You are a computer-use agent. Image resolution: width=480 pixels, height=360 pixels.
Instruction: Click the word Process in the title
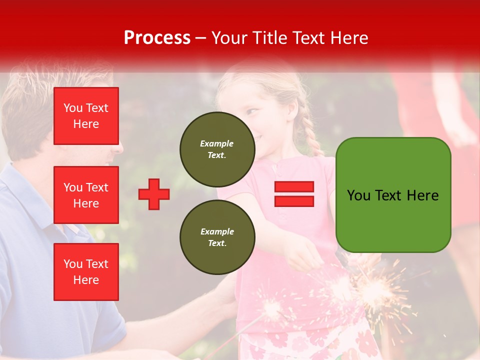click(157, 37)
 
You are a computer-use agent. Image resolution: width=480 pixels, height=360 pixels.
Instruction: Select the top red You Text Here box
click(86, 116)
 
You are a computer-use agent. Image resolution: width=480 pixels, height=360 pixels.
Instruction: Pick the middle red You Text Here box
click(86, 195)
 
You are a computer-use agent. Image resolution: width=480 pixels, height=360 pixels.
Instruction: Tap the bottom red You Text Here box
click(86, 271)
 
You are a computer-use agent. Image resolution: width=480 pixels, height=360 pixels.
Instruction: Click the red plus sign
click(154, 194)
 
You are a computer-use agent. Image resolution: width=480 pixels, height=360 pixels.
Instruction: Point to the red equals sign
click(294, 194)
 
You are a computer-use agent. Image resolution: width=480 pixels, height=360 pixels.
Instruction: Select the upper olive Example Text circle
click(217, 149)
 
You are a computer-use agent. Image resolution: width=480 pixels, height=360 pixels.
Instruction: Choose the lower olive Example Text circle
click(217, 237)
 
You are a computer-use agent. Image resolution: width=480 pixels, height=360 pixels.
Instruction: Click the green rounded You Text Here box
click(393, 195)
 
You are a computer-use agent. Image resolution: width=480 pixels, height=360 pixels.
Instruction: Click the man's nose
click(118, 146)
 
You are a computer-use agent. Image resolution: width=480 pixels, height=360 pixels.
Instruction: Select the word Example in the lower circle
click(217, 231)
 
